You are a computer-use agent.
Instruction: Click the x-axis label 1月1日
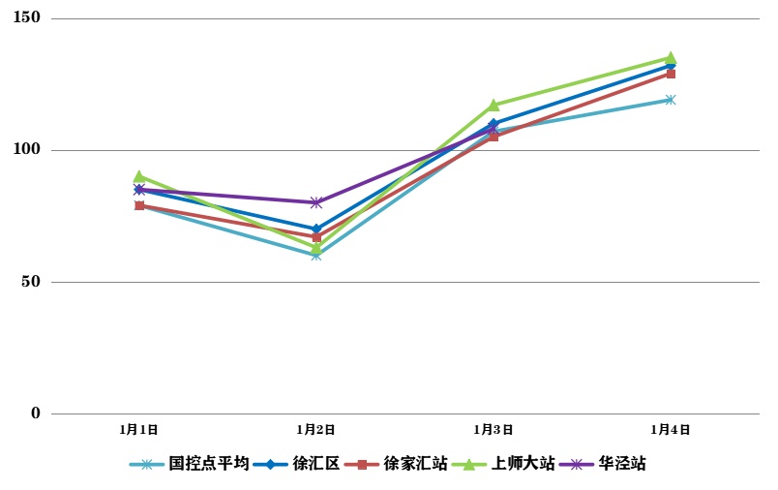(x=139, y=429)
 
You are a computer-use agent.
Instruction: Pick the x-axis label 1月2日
(x=316, y=429)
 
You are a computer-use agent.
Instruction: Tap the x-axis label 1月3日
(x=494, y=429)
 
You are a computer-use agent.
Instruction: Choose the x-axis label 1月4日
(x=671, y=429)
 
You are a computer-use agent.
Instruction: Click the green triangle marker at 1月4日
(x=671, y=58)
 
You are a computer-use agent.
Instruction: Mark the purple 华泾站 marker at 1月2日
(x=316, y=202)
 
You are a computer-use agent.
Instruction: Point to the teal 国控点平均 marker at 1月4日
(x=671, y=100)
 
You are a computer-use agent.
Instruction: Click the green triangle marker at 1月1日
(x=139, y=176)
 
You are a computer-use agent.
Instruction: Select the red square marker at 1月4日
(x=671, y=74)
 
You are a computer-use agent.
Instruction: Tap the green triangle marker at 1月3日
(x=494, y=105)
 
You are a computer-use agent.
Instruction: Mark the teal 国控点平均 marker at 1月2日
(x=316, y=256)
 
